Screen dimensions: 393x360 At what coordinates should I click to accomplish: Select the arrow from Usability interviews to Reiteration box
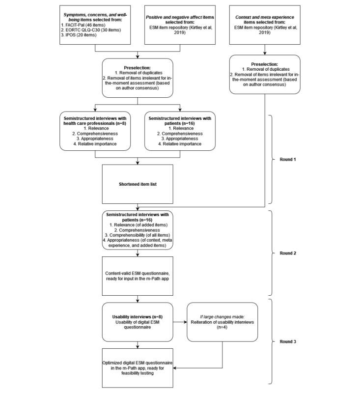pos(181,322)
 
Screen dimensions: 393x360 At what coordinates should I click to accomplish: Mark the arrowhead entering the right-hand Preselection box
pos(266,53)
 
